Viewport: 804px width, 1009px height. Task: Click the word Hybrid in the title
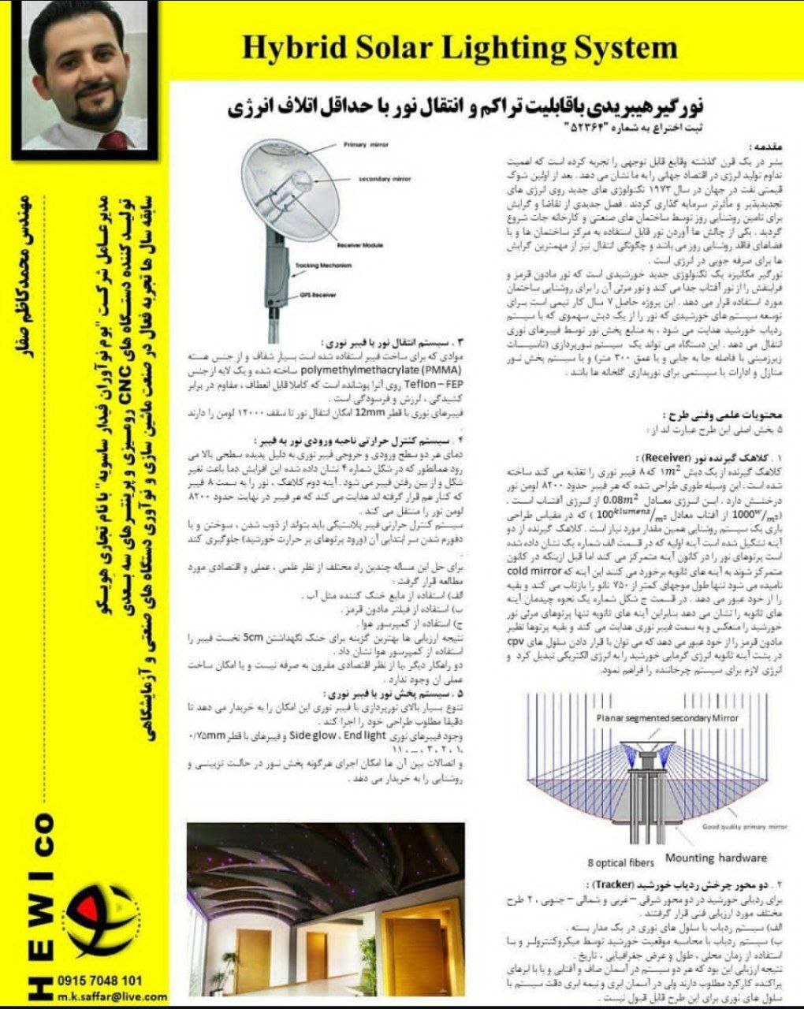288,47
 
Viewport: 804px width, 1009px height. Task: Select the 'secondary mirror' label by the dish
385,180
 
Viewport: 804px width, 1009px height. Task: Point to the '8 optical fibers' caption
622,862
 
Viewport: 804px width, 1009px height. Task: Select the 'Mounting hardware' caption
716,858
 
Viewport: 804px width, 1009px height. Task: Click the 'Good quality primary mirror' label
745,827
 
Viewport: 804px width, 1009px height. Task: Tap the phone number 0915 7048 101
100,981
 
